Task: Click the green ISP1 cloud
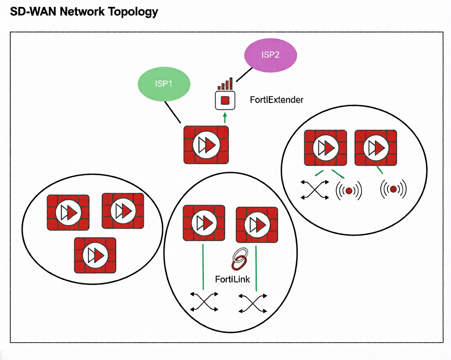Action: pyautogui.click(x=164, y=84)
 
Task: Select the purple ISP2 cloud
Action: pyautogui.click(x=271, y=55)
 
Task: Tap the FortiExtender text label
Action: pyautogui.click(x=277, y=99)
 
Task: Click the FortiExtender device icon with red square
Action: pyautogui.click(x=225, y=100)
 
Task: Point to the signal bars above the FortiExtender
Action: pyautogui.click(x=225, y=84)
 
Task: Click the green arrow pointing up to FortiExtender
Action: pyautogui.click(x=225, y=118)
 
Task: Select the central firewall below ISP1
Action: pyautogui.click(x=206, y=145)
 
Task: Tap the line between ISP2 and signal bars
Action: pyautogui.click(x=243, y=74)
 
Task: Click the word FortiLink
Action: pyautogui.click(x=233, y=279)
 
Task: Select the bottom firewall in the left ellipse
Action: pyautogui.click(x=95, y=255)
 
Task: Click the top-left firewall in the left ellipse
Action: pyautogui.click(x=68, y=213)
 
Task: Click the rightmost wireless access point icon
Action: pyautogui.click(x=393, y=189)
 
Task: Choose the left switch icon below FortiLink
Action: pyautogui.click(x=204, y=302)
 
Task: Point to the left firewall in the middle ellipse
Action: pyautogui.click(x=204, y=223)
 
